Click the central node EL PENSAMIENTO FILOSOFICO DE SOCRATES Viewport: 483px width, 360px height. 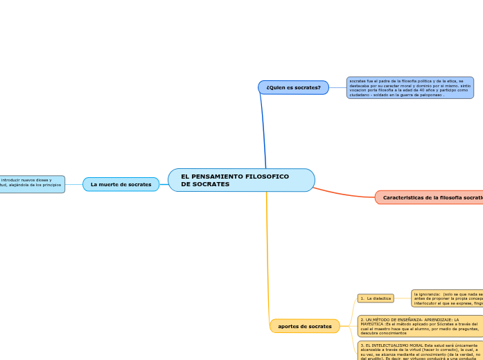[x=241, y=180]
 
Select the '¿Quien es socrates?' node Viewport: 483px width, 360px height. [x=293, y=87]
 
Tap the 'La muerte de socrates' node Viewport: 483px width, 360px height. [x=121, y=184]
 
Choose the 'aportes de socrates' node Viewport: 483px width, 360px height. [x=304, y=326]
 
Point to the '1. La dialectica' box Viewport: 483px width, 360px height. [x=375, y=298]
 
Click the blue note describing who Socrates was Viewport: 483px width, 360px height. [x=410, y=88]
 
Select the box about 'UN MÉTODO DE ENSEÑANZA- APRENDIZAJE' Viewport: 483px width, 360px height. [x=419, y=326]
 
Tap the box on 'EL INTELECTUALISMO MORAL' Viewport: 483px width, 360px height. [x=419, y=350]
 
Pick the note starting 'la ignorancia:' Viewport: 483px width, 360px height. [x=447, y=298]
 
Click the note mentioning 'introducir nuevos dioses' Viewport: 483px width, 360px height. [x=32, y=183]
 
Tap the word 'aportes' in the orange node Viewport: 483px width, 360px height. [x=290, y=326]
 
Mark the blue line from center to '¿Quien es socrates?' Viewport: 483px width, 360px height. [x=263, y=132]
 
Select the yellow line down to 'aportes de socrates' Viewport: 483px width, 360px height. [x=267, y=256]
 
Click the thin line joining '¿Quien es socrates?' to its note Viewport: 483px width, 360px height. [x=337, y=88]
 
